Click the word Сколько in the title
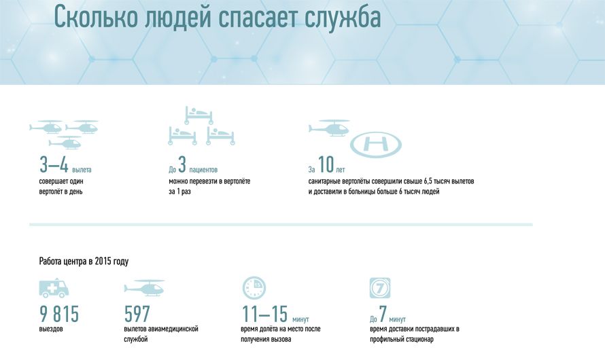coord(96,16)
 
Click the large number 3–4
coord(54,164)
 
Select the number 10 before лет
coord(326,164)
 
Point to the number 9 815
coord(59,314)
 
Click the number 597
coord(137,314)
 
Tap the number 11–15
coord(264,314)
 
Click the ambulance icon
coord(54,287)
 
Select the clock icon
coord(254,287)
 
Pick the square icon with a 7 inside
coord(380,287)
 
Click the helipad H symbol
coord(376,145)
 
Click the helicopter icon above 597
coord(145,287)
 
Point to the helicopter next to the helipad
coord(329,128)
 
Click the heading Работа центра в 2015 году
coord(84,262)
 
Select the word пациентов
coord(203,170)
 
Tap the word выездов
coord(51,329)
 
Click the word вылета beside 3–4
coord(82,170)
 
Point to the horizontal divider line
coord(281,224)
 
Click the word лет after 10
coord(341,170)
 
